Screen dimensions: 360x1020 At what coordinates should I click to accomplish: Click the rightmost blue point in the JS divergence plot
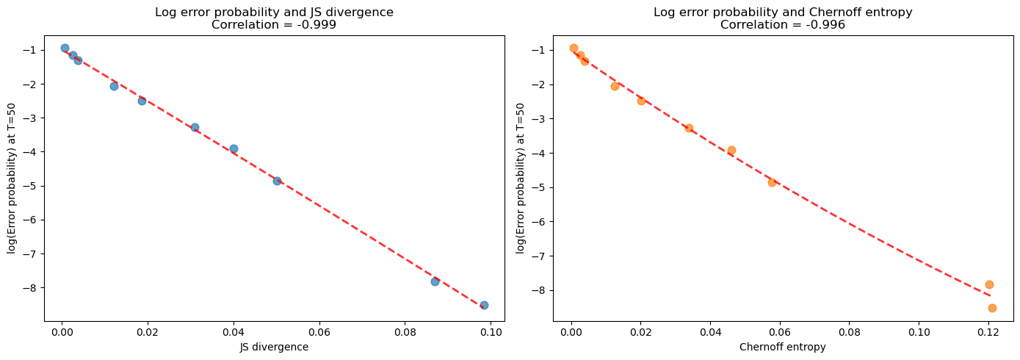point(484,305)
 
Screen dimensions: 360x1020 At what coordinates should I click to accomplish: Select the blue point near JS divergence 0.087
point(435,281)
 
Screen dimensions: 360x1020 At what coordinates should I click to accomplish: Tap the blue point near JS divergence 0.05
point(277,181)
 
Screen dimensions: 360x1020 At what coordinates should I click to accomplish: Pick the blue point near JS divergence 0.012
point(114,86)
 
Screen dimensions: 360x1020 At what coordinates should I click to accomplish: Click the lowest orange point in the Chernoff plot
point(992,308)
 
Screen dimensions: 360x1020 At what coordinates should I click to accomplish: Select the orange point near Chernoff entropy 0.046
point(731,150)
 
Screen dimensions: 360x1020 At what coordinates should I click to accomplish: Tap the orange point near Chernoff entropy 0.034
point(689,128)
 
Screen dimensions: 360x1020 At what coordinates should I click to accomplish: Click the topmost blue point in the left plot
point(65,48)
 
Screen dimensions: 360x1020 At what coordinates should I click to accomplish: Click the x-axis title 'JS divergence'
point(274,347)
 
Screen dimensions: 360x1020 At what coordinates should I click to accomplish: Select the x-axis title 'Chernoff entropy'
point(782,347)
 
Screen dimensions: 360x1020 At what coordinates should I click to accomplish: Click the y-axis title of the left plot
point(12,179)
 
